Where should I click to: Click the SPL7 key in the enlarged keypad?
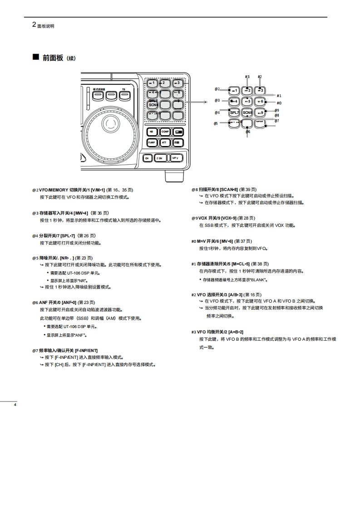tap(234, 112)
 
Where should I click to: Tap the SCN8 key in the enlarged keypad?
tap(247, 112)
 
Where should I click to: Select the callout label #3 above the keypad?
tap(247, 77)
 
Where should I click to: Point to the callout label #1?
tap(279, 96)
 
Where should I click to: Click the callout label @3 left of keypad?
tap(217, 100)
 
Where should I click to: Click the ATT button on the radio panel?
tap(165, 142)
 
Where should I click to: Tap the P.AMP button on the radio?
tap(152, 142)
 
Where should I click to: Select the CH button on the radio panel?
tap(147, 158)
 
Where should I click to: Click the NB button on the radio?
tap(152, 132)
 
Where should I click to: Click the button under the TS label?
tap(124, 95)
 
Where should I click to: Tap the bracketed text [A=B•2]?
tap(236, 332)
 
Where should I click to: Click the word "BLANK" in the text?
tap(251, 279)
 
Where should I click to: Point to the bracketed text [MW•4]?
tap(79, 213)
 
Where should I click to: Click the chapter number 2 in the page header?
tap(34, 25)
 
